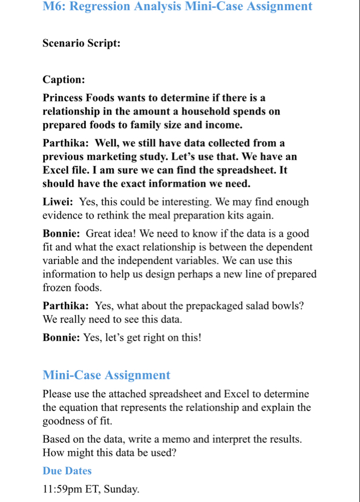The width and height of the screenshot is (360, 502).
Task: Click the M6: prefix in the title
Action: click(x=54, y=7)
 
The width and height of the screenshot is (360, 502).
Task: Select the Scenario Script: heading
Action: click(x=81, y=43)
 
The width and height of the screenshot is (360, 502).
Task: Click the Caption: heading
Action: click(x=64, y=80)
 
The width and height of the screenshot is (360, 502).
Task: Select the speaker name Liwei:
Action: click(x=57, y=202)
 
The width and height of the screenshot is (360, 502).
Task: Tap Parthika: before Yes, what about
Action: click(x=65, y=306)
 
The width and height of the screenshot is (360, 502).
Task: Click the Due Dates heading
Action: click(x=67, y=471)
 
